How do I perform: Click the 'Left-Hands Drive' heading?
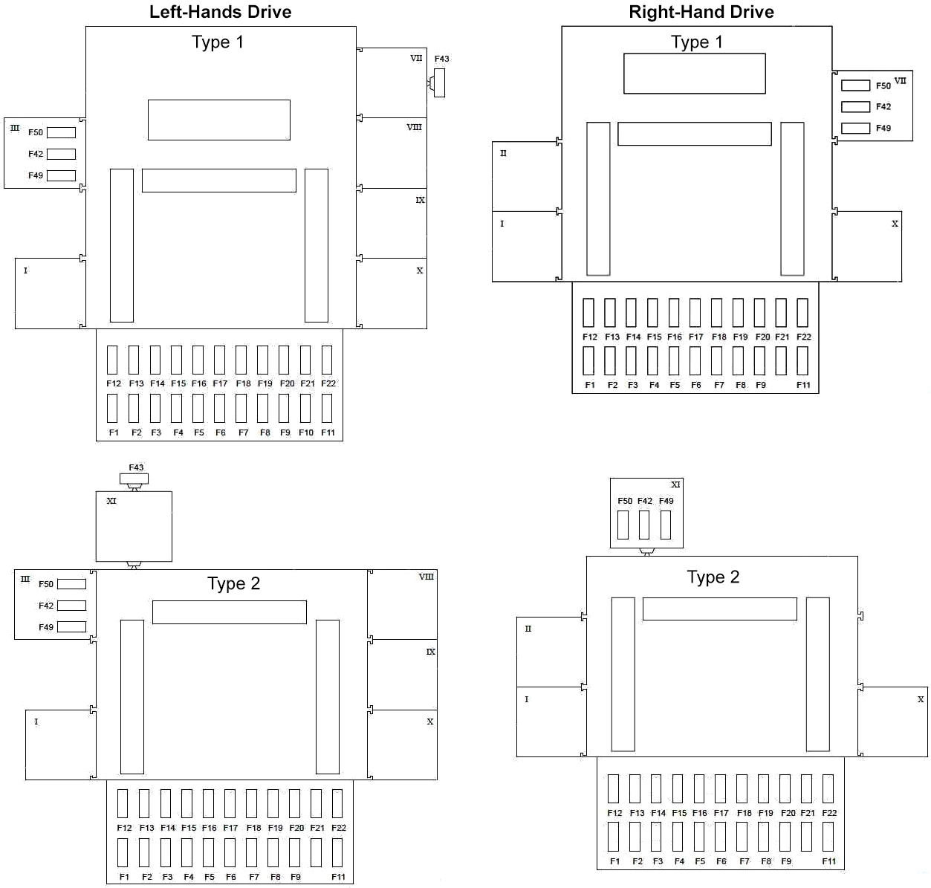pyautogui.click(x=220, y=12)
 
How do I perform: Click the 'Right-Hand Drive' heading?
pyautogui.click(x=701, y=12)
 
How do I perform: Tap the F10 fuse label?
pyautogui.click(x=306, y=432)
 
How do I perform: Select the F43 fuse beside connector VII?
pyautogui.click(x=439, y=82)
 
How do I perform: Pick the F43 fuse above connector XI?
pyautogui.click(x=134, y=479)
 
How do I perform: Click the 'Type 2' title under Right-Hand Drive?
pyautogui.click(x=713, y=577)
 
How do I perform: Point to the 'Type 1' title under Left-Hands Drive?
pyautogui.click(x=217, y=42)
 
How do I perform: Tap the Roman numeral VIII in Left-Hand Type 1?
pyautogui.click(x=414, y=127)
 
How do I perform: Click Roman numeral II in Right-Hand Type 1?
pyautogui.click(x=503, y=153)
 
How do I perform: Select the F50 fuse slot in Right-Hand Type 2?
pyautogui.click(x=623, y=525)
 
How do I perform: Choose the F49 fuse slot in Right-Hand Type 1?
pyautogui.click(x=855, y=128)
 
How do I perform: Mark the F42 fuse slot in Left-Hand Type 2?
pyautogui.click(x=71, y=606)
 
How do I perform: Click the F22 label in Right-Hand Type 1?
pyautogui.click(x=804, y=337)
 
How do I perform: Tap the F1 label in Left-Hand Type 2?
pyautogui.click(x=124, y=877)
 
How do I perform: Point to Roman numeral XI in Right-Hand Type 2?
pyautogui.click(x=675, y=484)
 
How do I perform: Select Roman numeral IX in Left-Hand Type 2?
pyautogui.click(x=430, y=652)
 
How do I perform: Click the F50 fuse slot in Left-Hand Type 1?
pyautogui.click(x=61, y=132)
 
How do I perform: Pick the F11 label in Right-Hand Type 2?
pyautogui.click(x=829, y=861)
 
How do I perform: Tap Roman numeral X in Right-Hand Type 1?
pyautogui.click(x=895, y=224)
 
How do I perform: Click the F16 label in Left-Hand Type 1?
pyautogui.click(x=199, y=383)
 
